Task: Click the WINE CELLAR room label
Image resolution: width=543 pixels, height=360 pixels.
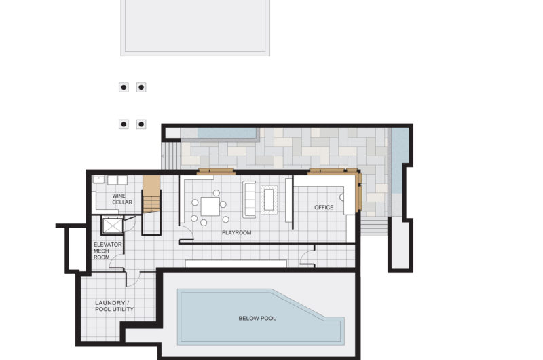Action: click(122, 199)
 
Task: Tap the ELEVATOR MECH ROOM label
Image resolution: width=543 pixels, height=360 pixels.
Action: click(107, 251)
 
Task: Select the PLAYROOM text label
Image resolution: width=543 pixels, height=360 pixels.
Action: click(236, 232)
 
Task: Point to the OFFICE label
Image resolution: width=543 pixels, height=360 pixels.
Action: click(324, 207)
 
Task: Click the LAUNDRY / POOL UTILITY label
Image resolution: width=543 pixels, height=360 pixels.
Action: click(114, 306)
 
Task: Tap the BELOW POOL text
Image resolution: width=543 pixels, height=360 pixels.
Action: click(257, 318)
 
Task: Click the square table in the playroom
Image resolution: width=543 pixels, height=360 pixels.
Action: click(210, 206)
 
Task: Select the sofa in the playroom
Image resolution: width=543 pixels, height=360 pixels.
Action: click(249, 200)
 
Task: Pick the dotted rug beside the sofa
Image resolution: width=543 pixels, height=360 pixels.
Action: click(269, 200)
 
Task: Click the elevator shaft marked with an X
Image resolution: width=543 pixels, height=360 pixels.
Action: click(112, 226)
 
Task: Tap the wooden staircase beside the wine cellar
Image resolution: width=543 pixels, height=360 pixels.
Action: click(151, 194)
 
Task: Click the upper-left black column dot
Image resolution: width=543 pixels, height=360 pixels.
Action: click(124, 88)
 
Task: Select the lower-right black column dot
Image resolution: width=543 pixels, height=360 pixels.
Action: click(141, 124)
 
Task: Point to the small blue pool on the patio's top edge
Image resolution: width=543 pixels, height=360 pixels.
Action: click(228, 133)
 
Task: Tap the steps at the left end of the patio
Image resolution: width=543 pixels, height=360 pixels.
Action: click(171, 156)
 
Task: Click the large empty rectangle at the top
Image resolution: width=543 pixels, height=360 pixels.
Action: click(195, 27)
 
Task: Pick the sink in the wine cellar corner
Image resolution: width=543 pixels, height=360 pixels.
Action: click(98, 179)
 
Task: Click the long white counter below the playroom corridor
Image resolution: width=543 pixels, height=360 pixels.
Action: click(236, 264)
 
